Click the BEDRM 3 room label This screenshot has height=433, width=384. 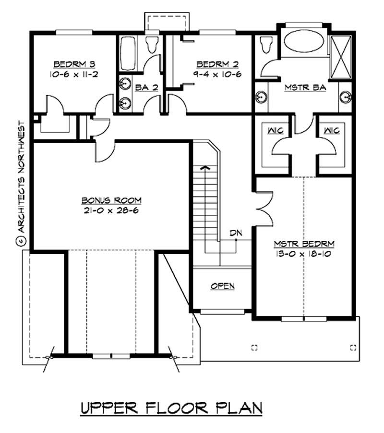[70, 63]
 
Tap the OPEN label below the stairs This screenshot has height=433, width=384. [223, 286]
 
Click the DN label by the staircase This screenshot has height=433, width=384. [236, 233]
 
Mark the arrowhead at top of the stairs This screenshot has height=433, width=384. [205, 167]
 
